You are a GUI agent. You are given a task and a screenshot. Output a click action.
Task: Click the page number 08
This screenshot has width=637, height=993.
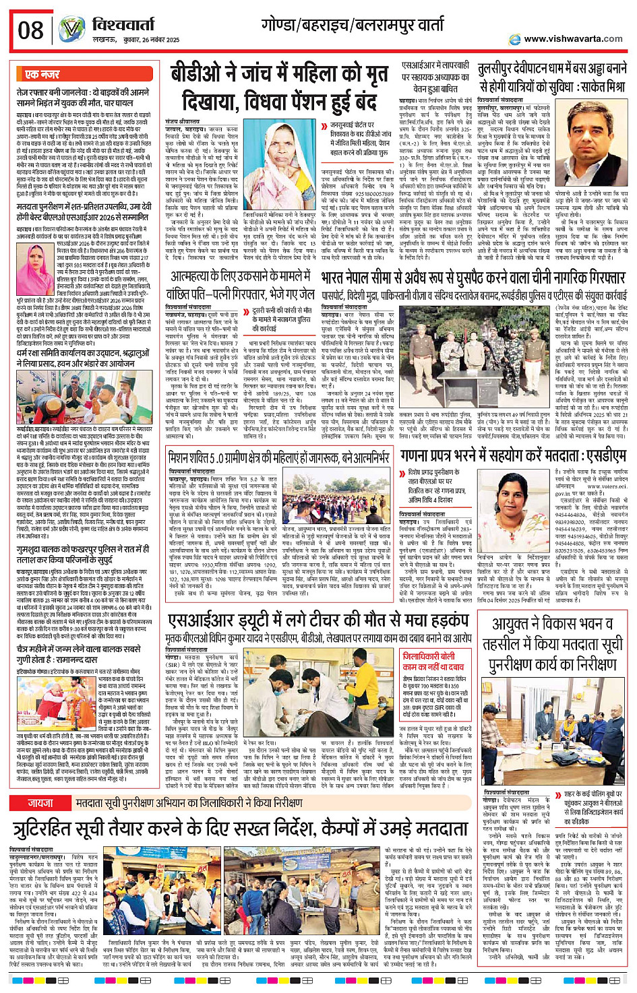[x=30, y=30]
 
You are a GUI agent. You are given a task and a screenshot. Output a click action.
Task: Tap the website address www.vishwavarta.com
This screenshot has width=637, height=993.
[x=573, y=38]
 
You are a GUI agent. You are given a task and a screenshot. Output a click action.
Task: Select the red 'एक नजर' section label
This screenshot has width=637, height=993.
[x=42, y=74]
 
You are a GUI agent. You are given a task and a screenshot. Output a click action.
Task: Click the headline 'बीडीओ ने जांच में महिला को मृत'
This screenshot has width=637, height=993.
[x=279, y=73]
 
